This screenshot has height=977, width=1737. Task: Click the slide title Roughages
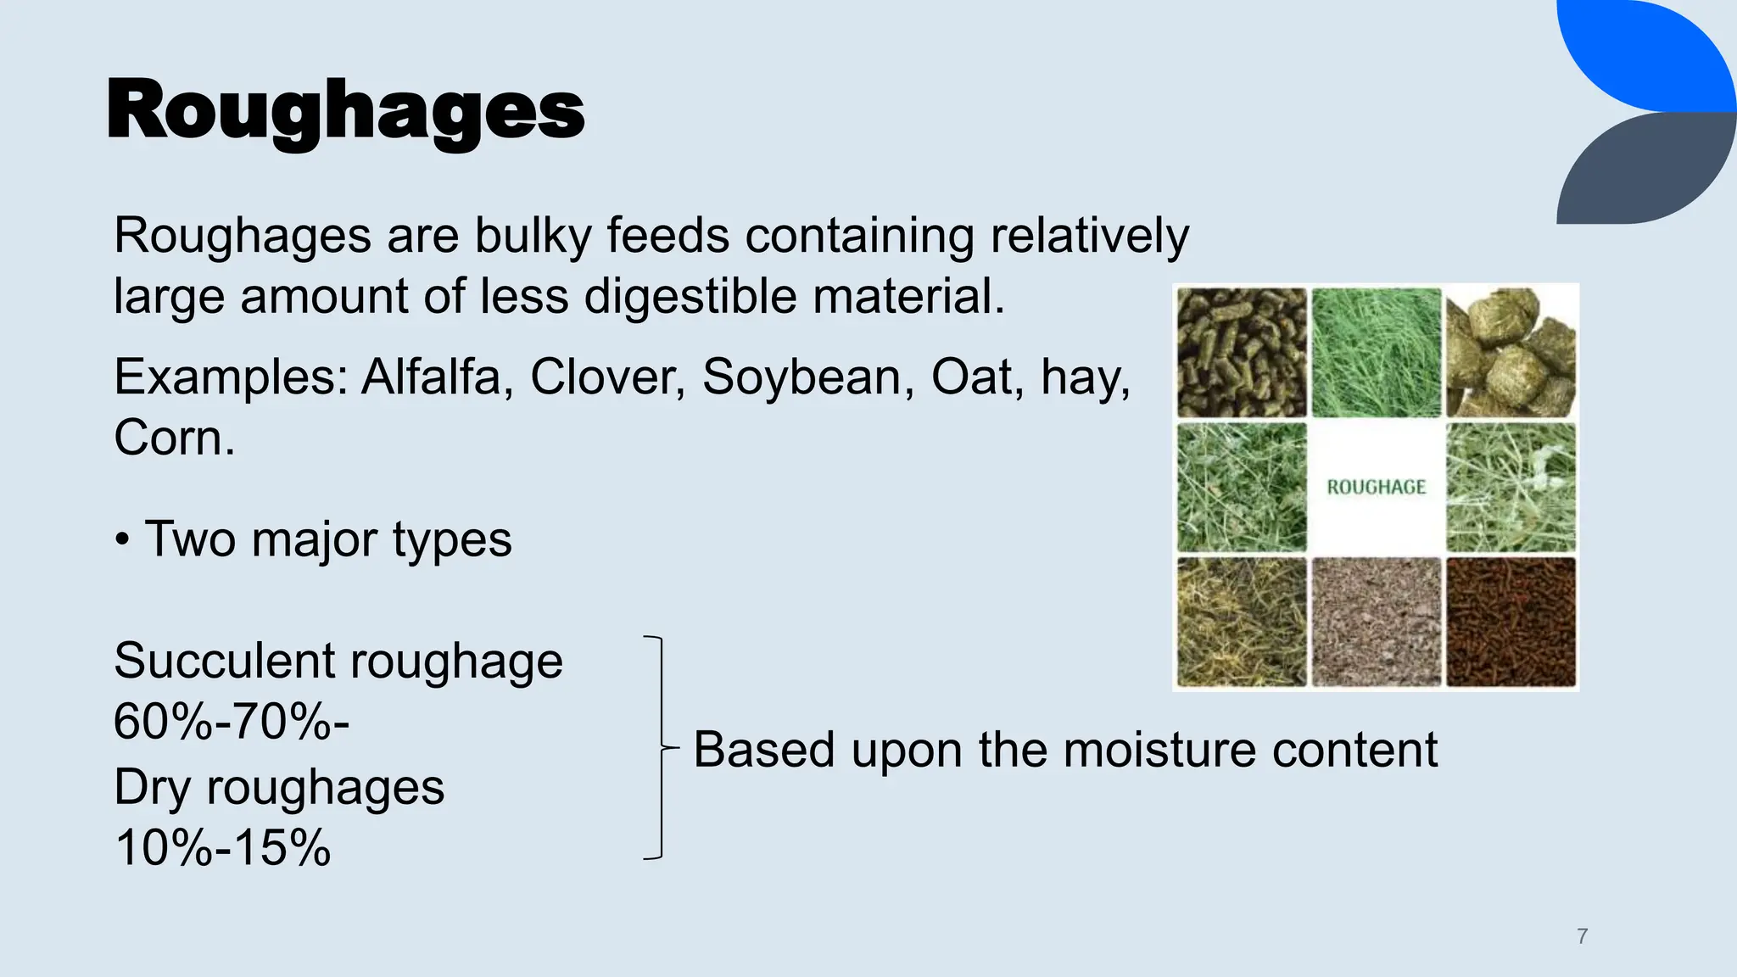(x=345, y=110)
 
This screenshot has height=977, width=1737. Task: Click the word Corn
(x=174, y=438)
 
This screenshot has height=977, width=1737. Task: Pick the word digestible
(x=690, y=296)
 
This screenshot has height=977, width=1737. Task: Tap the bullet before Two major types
(x=123, y=540)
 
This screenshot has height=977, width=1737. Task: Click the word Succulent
(x=222, y=661)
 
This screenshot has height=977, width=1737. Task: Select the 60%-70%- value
(x=231, y=723)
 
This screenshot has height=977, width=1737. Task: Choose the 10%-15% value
(x=222, y=847)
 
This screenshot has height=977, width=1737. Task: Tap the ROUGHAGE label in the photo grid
(x=1376, y=488)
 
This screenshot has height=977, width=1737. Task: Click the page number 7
(x=1582, y=936)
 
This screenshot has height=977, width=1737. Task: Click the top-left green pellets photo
(x=1242, y=353)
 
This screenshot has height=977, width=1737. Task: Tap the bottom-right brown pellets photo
(x=1511, y=622)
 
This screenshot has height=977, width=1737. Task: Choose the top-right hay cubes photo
(x=1511, y=353)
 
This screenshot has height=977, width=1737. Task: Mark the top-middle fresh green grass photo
(x=1376, y=353)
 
